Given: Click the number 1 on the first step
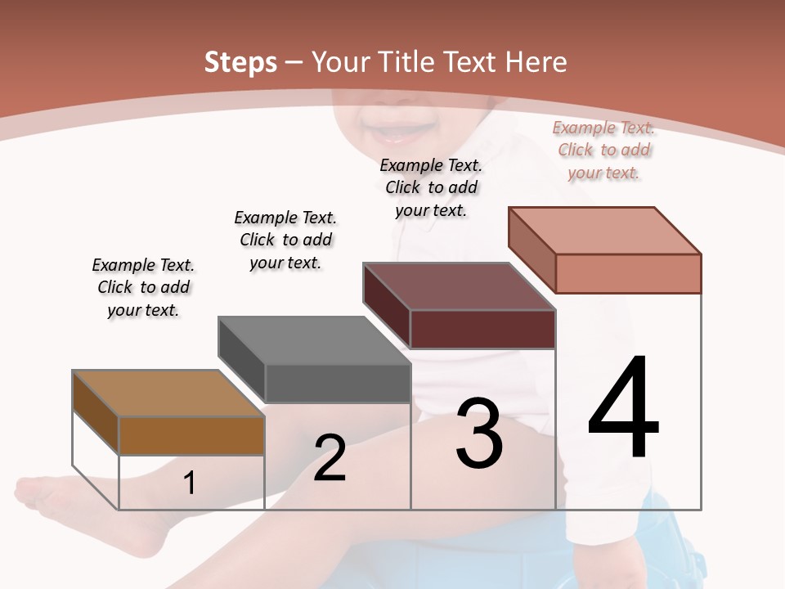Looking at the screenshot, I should pyautogui.click(x=190, y=483).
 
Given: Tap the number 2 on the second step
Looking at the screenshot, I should pyautogui.click(x=330, y=458).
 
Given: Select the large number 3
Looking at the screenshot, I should pyautogui.click(x=479, y=434).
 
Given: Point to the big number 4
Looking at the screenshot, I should pyautogui.click(x=623, y=408).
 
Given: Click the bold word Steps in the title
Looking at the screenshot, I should pyautogui.click(x=240, y=62).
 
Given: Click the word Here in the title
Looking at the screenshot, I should pyautogui.click(x=536, y=62).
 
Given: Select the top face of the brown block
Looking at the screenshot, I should pyautogui.click(x=168, y=393).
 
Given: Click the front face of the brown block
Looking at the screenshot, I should pyautogui.click(x=191, y=436).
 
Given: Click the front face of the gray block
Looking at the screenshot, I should pyautogui.click(x=337, y=383).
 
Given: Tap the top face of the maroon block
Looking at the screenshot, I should pyautogui.click(x=460, y=286).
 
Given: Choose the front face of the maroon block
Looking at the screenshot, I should pyautogui.click(x=482, y=329).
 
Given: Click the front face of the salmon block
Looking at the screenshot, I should pyautogui.click(x=628, y=273).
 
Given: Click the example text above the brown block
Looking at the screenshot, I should pyautogui.click(x=143, y=287).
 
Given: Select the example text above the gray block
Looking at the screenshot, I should pyautogui.click(x=285, y=240).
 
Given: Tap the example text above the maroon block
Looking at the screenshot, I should pyautogui.click(x=431, y=187).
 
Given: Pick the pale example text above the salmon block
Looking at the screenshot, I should pyautogui.click(x=603, y=150).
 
